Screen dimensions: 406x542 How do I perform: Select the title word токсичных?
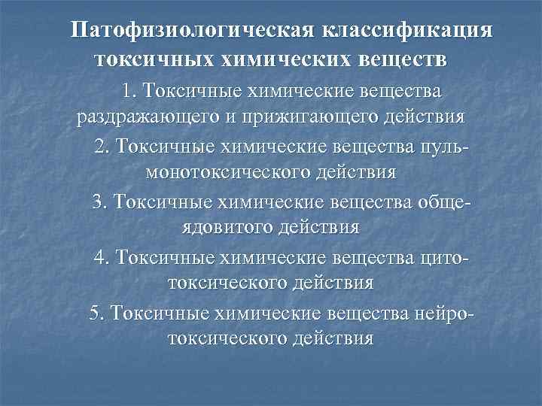coord(151,59)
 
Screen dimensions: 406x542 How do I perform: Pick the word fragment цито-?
coord(443,256)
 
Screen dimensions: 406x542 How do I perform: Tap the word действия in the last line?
coord(330,338)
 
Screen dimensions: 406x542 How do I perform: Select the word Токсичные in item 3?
coord(160,201)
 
